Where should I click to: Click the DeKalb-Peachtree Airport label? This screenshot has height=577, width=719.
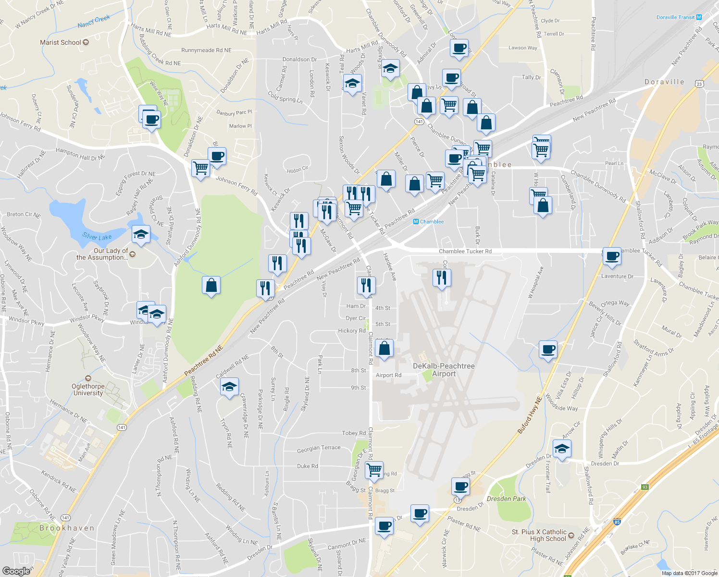(444, 370)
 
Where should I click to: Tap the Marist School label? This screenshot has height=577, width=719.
(61, 42)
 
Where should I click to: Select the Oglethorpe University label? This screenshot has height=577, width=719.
(88, 389)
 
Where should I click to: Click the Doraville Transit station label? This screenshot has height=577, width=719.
(676, 17)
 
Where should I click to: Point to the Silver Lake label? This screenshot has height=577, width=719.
(97, 237)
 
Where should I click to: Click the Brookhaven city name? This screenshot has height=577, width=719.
(67, 528)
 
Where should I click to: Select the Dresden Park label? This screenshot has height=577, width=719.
(506, 499)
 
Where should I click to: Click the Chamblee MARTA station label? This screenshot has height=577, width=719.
(432, 222)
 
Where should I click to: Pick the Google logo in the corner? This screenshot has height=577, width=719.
(16, 571)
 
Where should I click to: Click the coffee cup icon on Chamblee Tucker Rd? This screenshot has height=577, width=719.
(612, 256)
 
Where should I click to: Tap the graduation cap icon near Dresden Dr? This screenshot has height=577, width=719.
(561, 449)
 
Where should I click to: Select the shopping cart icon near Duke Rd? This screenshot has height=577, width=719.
(374, 469)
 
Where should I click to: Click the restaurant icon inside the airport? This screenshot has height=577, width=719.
(441, 277)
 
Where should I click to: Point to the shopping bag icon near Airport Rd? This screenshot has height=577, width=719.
(384, 348)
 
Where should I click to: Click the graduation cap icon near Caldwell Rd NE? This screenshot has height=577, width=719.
(229, 387)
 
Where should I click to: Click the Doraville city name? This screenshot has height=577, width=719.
(664, 82)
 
